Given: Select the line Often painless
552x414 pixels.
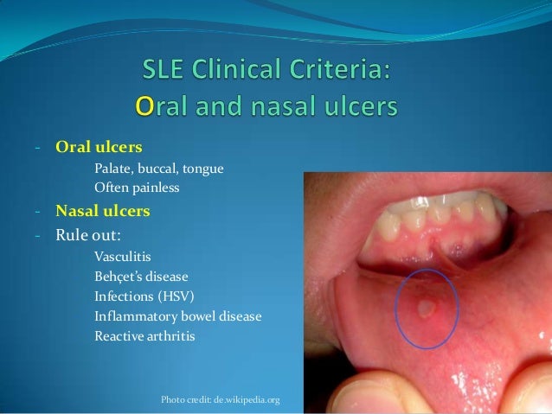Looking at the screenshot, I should [137, 187].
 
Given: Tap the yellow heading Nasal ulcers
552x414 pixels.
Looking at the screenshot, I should [103, 210].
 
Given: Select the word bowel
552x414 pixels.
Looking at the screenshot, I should [202, 316].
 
